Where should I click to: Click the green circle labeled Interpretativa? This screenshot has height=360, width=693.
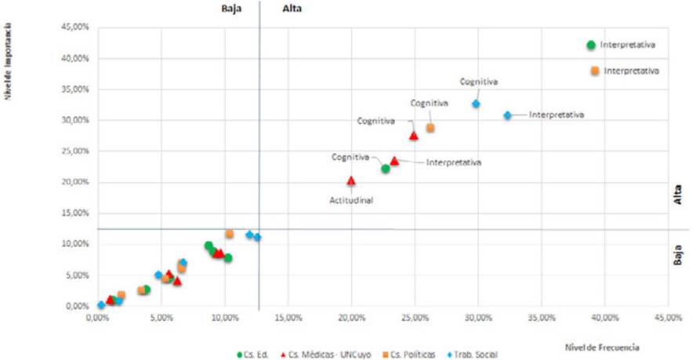[x=591, y=45]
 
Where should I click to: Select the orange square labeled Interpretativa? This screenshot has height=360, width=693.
[x=594, y=71]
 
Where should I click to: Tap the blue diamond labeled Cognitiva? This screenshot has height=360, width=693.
[x=476, y=104]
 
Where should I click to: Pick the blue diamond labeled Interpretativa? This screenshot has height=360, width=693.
[x=507, y=115]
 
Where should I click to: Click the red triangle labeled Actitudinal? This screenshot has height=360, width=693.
[x=351, y=180]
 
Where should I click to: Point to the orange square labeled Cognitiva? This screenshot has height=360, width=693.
[x=430, y=128]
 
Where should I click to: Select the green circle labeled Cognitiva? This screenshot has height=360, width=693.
[x=386, y=169]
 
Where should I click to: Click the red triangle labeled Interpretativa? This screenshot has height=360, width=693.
[x=394, y=161]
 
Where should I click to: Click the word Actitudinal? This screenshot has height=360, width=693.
[x=350, y=200]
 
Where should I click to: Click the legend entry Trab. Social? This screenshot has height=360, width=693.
[x=473, y=355]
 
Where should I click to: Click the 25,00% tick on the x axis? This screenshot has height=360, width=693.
[x=415, y=318]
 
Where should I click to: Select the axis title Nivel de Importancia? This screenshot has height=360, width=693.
[x=10, y=67]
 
